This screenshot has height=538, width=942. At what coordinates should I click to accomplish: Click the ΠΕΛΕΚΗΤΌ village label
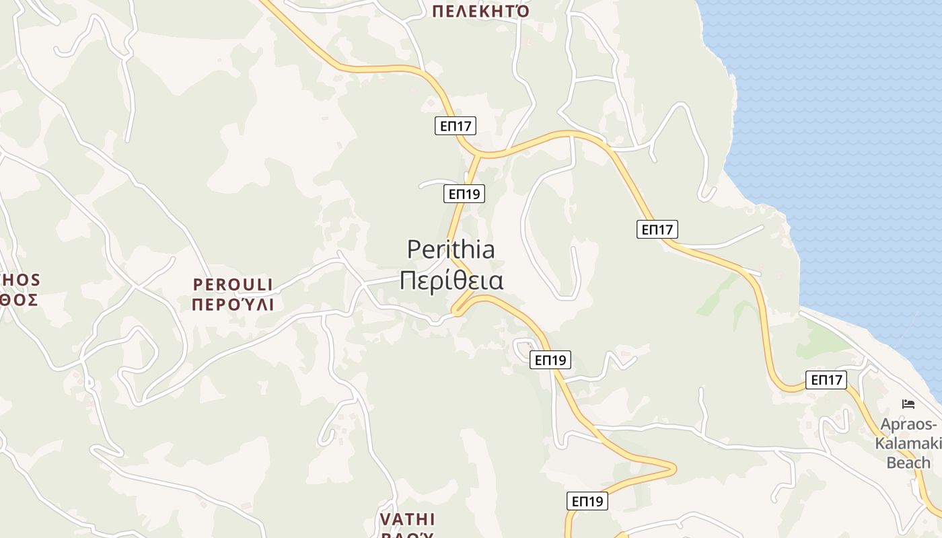click(x=480, y=11)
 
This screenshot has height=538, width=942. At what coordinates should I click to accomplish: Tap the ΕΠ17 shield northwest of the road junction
click(x=456, y=125)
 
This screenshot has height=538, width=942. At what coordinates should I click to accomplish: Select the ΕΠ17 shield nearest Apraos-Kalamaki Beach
click(x=826, y=380)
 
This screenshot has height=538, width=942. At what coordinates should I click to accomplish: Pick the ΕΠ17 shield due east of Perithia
click(x=657, y=229)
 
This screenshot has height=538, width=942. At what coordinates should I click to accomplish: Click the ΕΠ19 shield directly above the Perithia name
click(x=464, y=194)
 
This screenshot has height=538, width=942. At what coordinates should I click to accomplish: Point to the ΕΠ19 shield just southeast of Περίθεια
click(x=550, y=360)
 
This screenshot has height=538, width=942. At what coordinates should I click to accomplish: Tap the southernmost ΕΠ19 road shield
click(x=587, y=500)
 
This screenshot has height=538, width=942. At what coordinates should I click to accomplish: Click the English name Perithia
click(x=451, y=249)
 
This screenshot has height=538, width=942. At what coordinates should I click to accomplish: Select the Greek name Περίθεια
click(x=451, y=280)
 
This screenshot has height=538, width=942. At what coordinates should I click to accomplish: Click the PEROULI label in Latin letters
click(x=233, y=284)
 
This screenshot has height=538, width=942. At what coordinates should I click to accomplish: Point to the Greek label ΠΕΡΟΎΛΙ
click(x=233, y=305)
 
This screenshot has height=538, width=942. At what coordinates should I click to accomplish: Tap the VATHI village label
click(x=407, y=519)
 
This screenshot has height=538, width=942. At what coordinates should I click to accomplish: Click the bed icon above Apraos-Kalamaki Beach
click(x=908, y=404)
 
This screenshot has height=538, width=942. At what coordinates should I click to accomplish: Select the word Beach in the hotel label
click(x=908, y=463)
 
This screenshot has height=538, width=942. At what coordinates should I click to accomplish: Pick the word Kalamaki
click(x=902, y=444)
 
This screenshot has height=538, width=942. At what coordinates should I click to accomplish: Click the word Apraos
click(x=907, y=425)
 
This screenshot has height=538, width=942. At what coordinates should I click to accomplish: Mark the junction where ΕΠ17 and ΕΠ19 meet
click(x=478, y=155)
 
